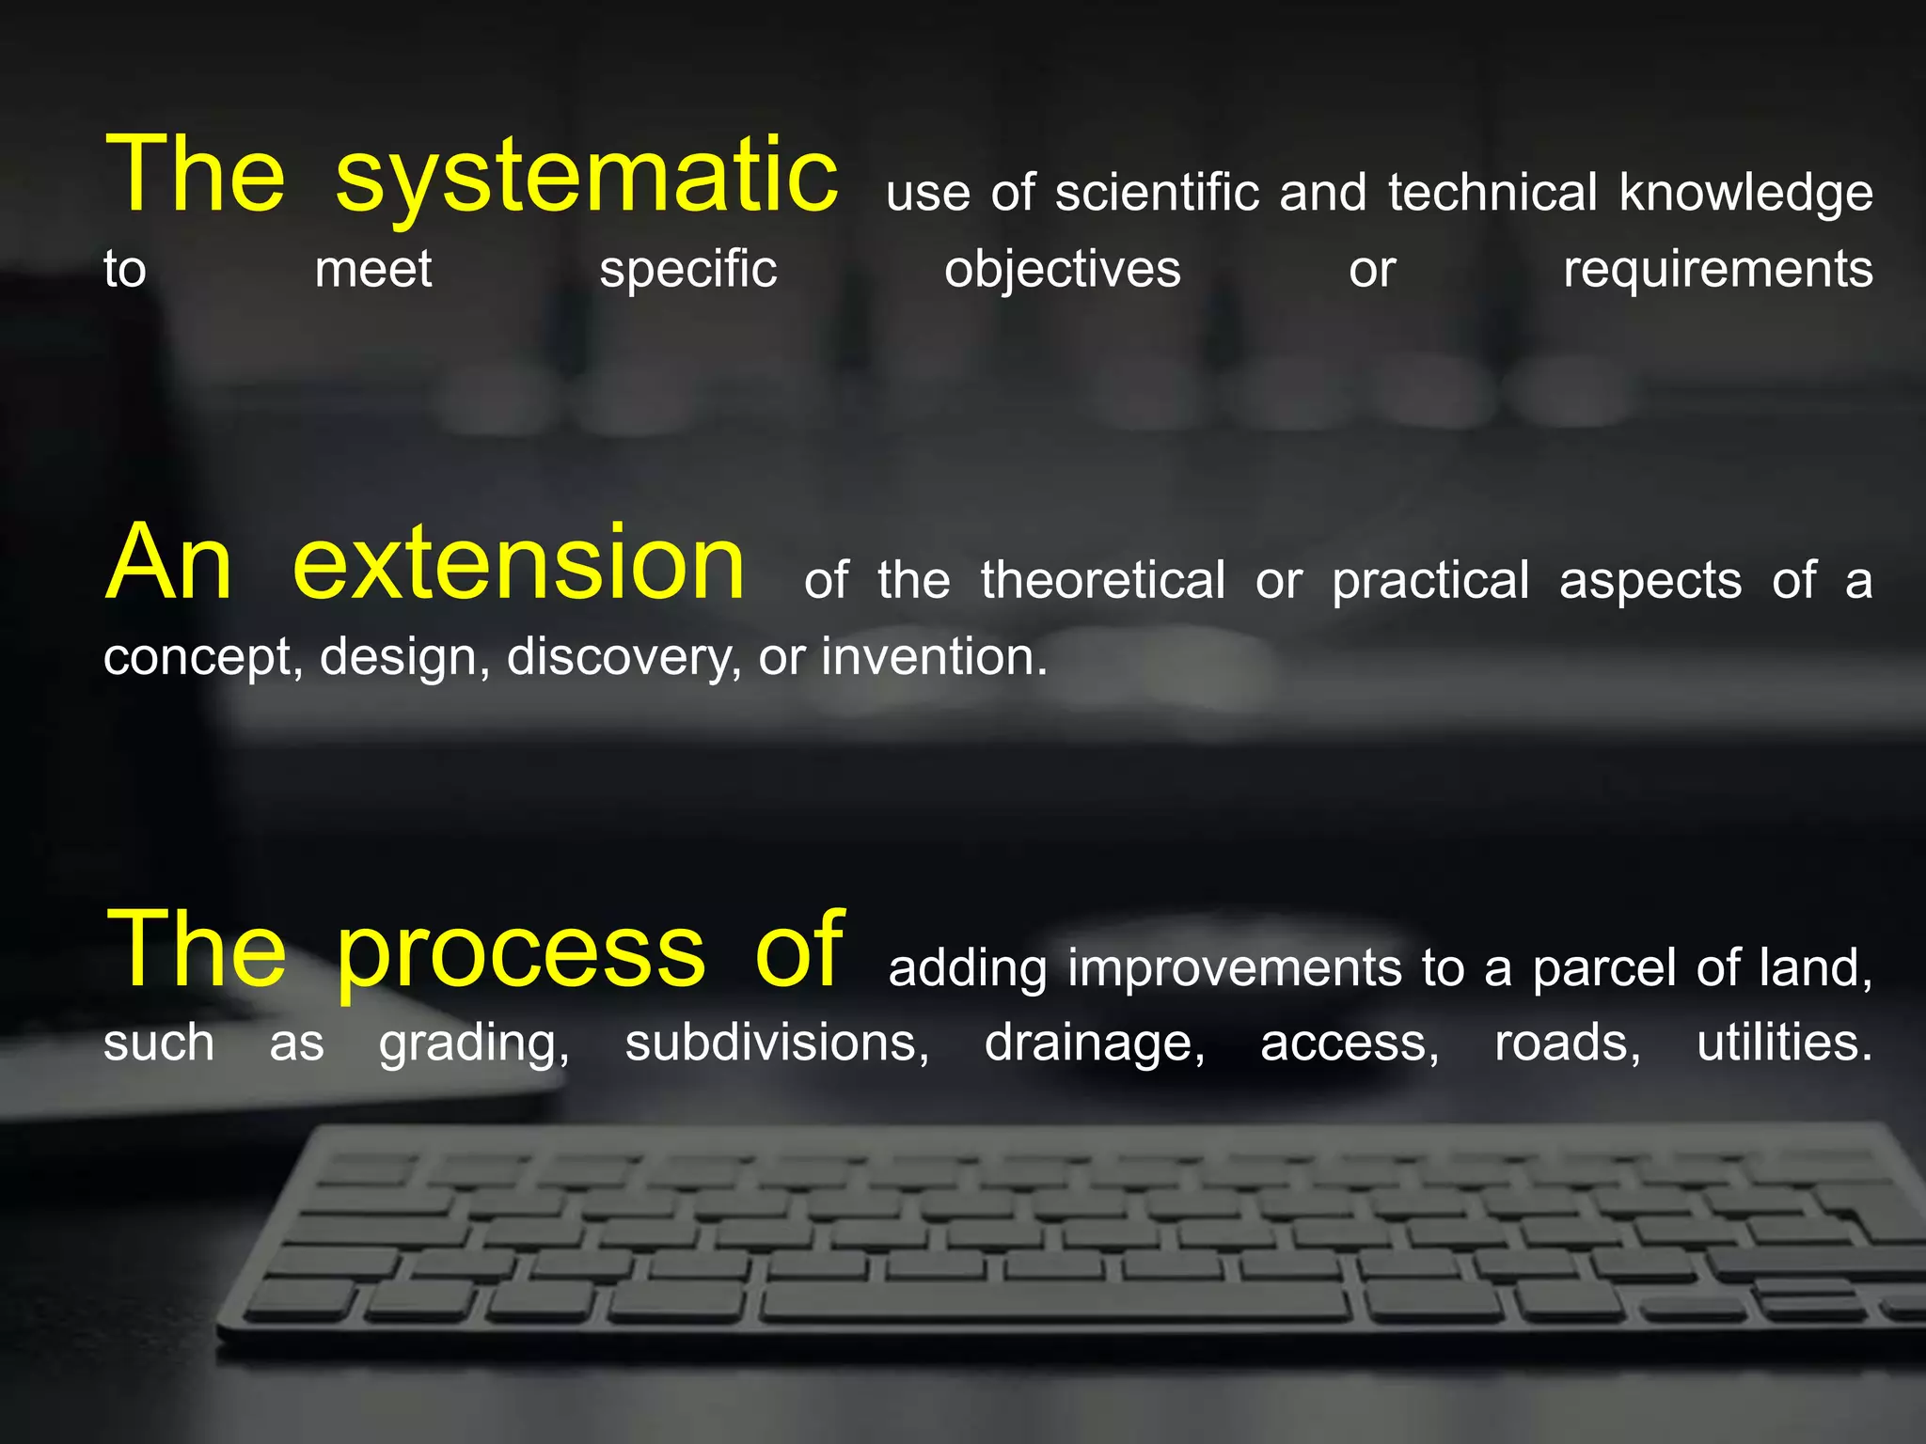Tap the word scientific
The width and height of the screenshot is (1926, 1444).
tap(1157, 193)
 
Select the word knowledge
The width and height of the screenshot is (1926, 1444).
tap(1745, 195)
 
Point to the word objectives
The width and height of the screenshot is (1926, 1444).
tap(1062, 271)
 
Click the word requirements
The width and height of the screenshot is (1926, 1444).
tap(1717, 271)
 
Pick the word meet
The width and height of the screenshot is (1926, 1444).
tap(372, 269)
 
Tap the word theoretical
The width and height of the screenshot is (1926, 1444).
tap(1102, 580)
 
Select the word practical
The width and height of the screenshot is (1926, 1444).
tap(1430, 582)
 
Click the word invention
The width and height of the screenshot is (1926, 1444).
tap(934, 656)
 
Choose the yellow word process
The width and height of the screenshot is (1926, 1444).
tap(520, 951)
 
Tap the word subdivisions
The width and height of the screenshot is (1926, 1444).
tap(777, 1043)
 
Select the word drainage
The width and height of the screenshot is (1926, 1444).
tap(1094, 1044)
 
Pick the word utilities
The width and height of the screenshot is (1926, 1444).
tap(1784, 1043)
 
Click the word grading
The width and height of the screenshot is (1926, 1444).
tap(474, 1044)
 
